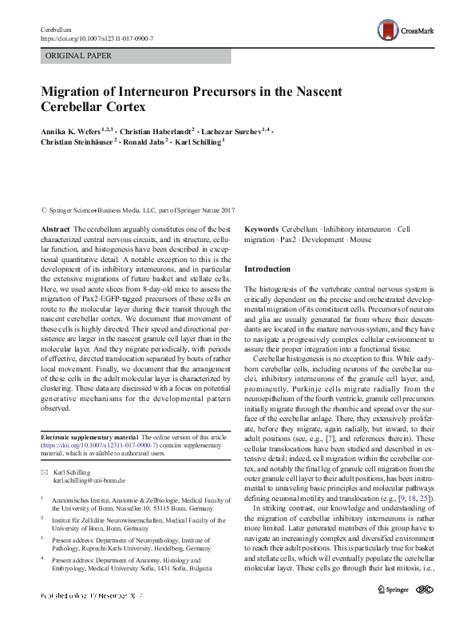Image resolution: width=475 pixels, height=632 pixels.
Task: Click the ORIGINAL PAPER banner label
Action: pyautogui.click(x=79, y=56)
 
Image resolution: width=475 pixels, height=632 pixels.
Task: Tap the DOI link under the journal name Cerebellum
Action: pyautogui.click(x=97, y=38)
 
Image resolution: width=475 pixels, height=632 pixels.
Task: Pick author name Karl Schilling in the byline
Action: pyautogui.click(x=199, y=141)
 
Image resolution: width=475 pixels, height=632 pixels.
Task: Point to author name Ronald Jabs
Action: pyautogui.click(x=144, y=141)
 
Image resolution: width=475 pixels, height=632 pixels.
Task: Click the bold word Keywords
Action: pyautogui.click(x=261, y=229)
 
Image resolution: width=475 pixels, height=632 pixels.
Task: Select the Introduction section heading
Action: pyautogui.click(x=268, y=269)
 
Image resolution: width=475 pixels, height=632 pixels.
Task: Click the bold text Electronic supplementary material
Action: pyautogui.click(x=89, y=438)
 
